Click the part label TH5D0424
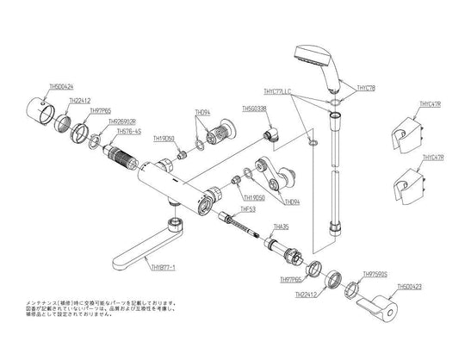coord(61,87)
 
